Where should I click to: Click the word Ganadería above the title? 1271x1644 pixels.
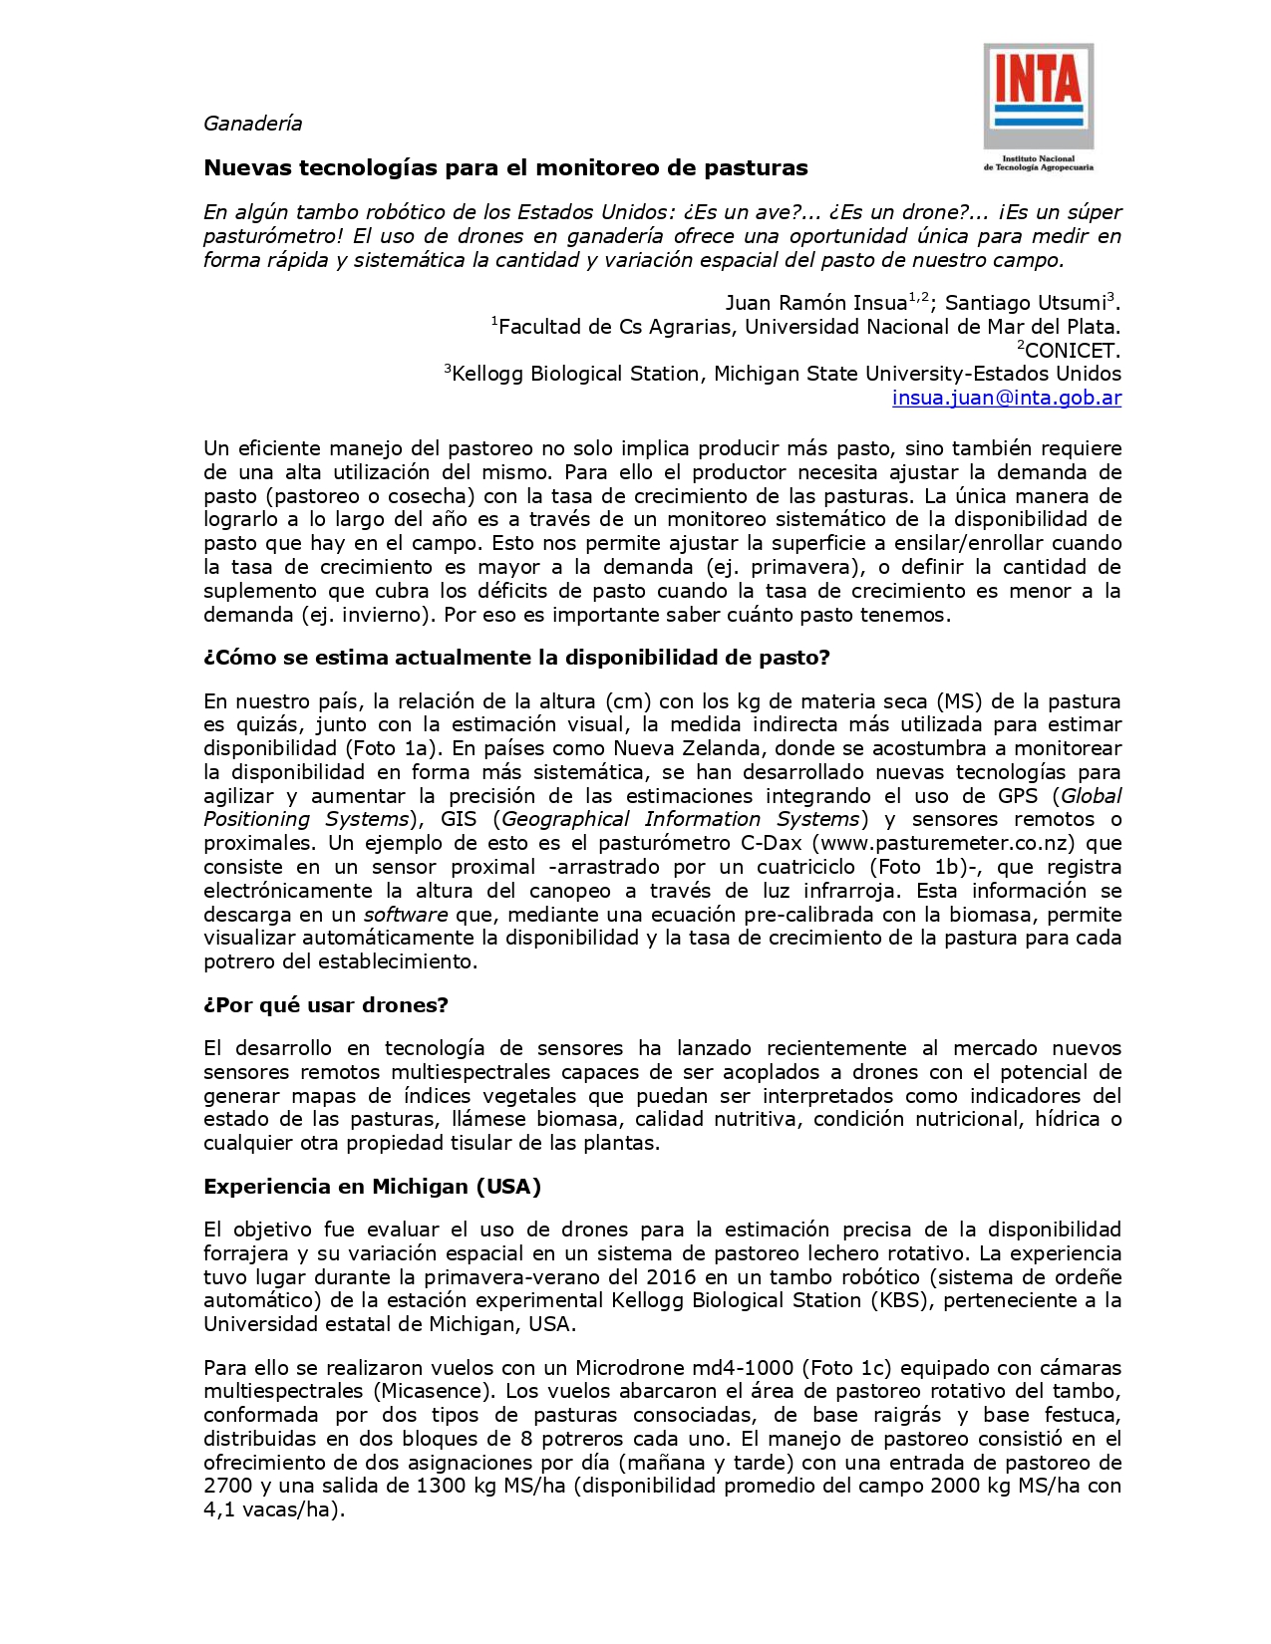coord(252,124)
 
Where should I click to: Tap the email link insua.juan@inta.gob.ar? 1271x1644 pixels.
coord(1006,398)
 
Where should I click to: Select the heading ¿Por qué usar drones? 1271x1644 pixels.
coord(326,1004)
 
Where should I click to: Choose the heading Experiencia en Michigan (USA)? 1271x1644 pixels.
coord(372,1186)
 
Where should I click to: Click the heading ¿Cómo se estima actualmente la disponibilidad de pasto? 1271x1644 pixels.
coord(516,658)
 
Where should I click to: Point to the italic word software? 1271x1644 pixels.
coord(406,915)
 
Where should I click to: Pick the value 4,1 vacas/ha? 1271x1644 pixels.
coord(270,1509)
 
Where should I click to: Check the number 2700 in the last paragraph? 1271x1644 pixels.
coord(228,1486)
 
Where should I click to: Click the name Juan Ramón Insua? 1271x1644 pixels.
coord(814,303)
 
